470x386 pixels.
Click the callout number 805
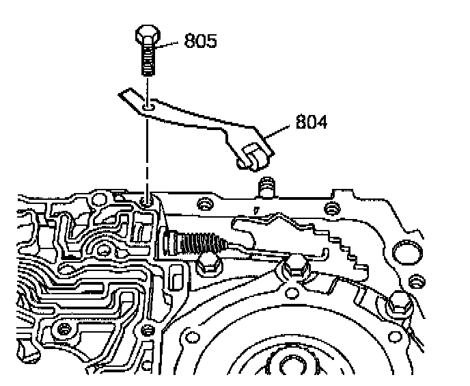[200, 41]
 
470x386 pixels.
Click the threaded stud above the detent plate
[267, 185]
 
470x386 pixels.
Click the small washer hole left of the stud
[202, 204]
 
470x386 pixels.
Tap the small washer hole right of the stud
[332, 207]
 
